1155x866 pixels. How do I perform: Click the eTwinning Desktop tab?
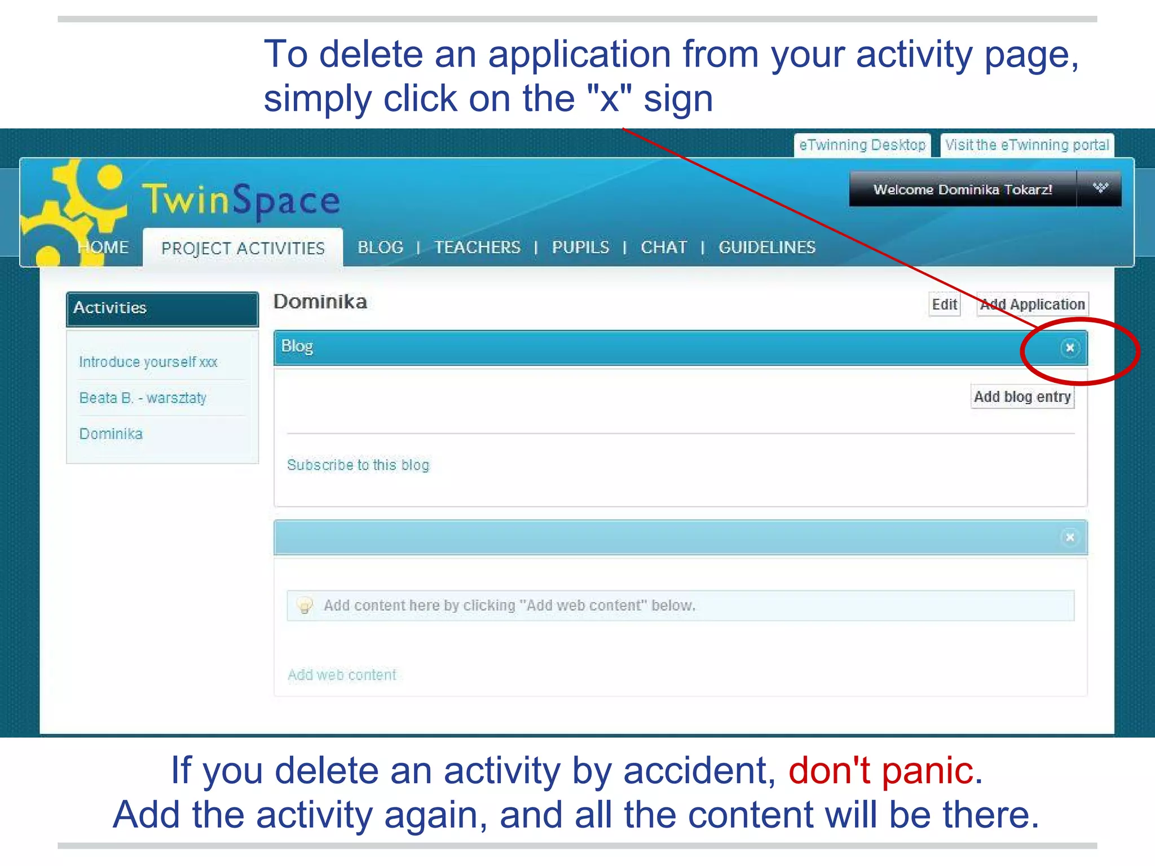coord(862,145)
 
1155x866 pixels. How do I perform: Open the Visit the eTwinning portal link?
coord(1027,145)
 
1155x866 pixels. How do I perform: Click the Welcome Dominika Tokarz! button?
coord(962,189)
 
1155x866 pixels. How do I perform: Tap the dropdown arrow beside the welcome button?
coord(1100,188)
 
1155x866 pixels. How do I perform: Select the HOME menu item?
coord(103,248)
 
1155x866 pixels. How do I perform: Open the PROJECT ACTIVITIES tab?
coord(243,248)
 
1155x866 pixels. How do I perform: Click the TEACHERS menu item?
coord(477,248)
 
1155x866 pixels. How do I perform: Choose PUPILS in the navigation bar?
coord(580,248)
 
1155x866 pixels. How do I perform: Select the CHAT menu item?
coord(664,248)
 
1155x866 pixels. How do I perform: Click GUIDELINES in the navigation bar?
coord(767,248)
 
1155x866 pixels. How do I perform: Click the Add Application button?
coord(1032,304)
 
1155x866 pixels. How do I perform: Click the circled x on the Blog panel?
coord(1069,348)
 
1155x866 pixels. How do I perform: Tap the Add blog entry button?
coord(1022,397)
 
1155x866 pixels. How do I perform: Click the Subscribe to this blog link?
coord(358,465)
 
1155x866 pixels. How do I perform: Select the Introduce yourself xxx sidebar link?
coord(148,362)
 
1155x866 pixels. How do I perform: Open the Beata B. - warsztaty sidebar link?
coord(143,398)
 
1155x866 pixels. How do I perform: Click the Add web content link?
coord(342,675)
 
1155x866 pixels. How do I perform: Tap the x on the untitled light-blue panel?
coord(1069,537)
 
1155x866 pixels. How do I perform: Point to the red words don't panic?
coord(880,770)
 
